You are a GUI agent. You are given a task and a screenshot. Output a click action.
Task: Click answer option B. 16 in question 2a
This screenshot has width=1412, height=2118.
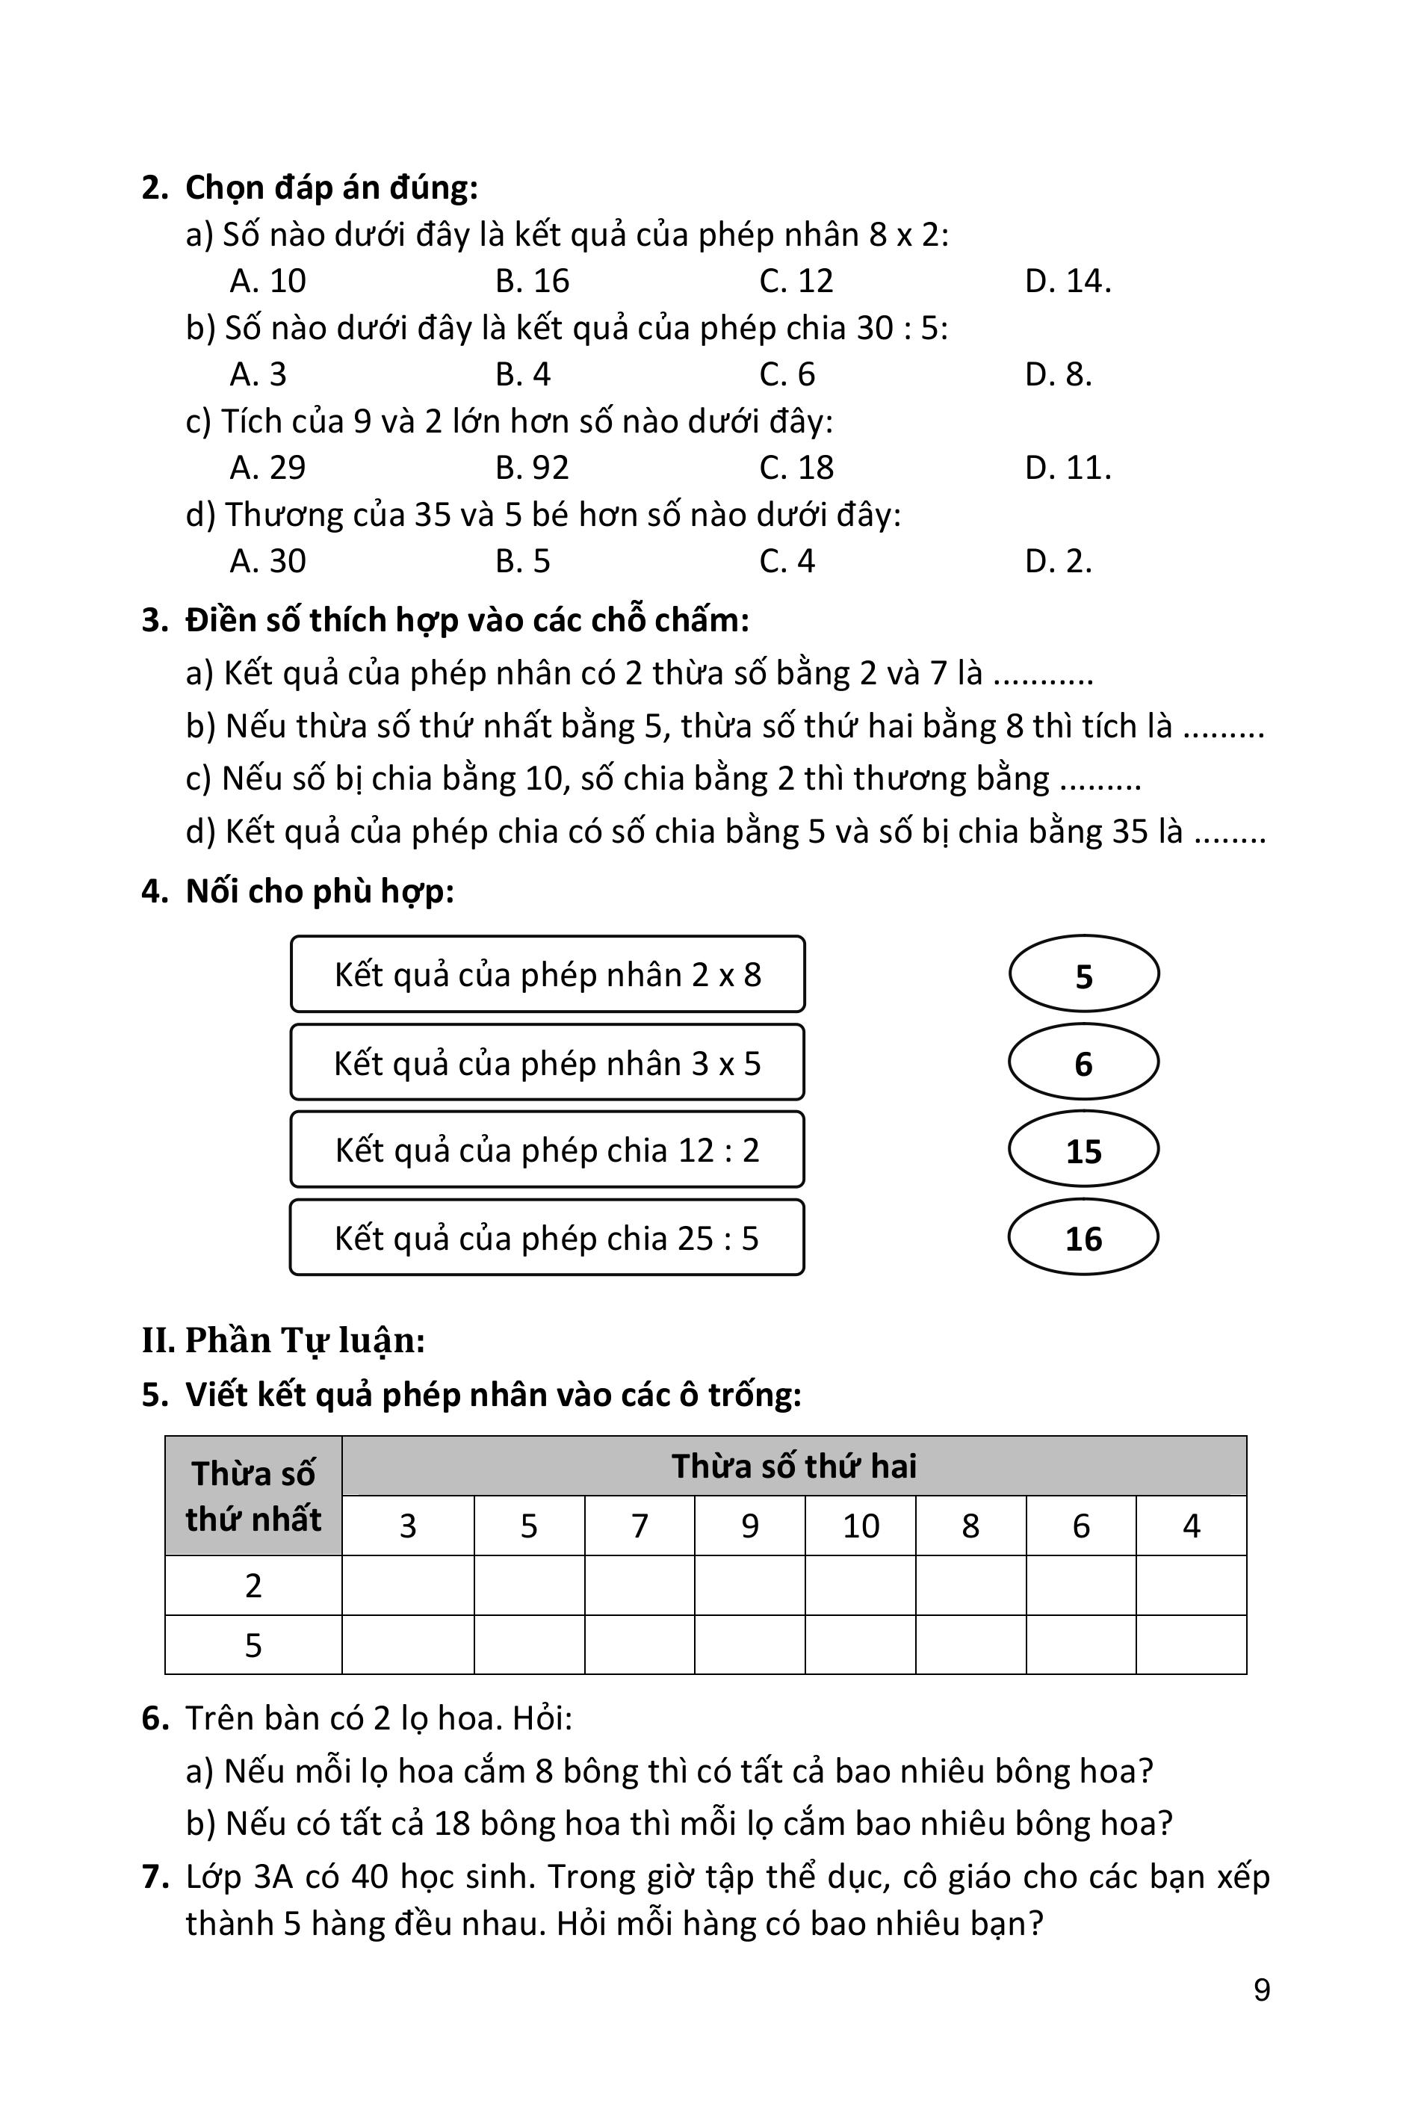pos(532,281)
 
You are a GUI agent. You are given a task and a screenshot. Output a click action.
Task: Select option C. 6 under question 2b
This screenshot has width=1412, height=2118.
pos(787,374)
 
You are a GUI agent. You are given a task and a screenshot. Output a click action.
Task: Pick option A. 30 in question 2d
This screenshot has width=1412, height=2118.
pos(267,562)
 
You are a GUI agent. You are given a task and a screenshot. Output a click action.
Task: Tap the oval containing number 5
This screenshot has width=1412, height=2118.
pos(1083,974)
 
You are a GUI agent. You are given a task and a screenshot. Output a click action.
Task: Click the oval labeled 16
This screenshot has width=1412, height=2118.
pos(1083,1238)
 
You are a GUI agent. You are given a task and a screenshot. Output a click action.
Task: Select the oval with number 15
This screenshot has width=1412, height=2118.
pos(1083,1150)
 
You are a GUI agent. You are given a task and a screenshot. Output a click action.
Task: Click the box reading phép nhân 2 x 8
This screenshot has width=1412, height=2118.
pos(548,974)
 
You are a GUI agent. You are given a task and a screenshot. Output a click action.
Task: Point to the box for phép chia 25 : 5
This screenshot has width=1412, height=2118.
pos(548,1238)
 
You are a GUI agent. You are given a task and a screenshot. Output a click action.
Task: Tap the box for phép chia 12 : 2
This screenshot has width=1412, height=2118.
pos(548,1150)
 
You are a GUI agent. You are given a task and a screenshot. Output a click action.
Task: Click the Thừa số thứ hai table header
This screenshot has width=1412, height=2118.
pos(794,1466)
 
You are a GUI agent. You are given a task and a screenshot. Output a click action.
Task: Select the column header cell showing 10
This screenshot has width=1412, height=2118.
pos(860,1526)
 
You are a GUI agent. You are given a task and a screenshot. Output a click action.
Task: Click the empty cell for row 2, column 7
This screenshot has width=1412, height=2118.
pos(640,1586)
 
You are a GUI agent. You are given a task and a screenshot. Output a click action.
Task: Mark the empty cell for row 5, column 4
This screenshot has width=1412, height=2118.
pos(1192,1645)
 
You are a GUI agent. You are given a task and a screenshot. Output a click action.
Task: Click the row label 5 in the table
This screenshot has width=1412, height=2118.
pos(253,1645)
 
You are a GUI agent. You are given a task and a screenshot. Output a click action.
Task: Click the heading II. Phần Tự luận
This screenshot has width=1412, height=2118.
pos(284,1341)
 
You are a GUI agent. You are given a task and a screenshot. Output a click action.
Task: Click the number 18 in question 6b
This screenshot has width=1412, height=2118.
pos(452,1824)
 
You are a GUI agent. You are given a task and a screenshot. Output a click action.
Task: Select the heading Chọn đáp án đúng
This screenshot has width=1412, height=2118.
pos(332,188)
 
